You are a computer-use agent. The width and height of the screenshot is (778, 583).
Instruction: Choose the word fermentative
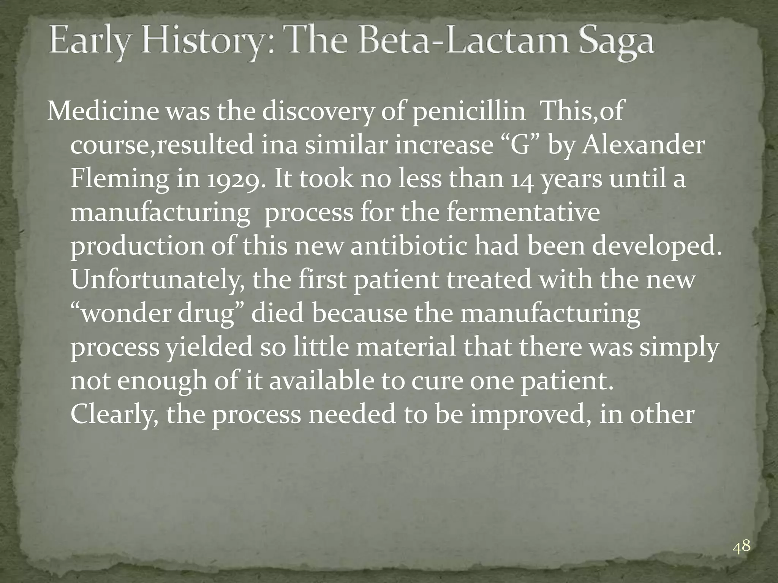click(x=523, y=212)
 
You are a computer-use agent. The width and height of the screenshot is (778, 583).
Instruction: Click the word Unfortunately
click(x=157, y=280)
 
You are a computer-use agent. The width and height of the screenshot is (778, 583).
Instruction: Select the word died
click(x=277, y=314)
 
